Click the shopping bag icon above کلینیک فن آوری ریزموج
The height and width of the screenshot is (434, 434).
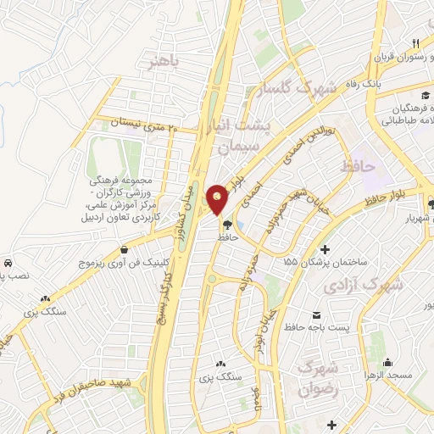pyautogui.click(x=125, y=250)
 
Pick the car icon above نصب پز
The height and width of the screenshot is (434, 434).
pyautogui.click(x=7, y=264)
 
